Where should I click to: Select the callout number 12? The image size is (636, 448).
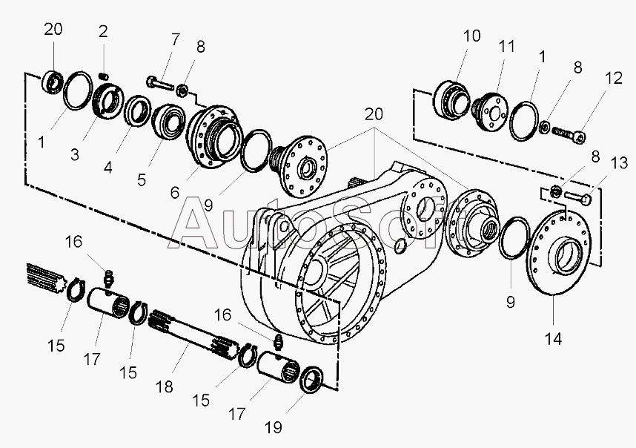[x=612, y=76]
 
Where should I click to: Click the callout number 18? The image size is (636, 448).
[x=165, y=387]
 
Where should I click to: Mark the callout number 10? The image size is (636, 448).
[x=472, y=36]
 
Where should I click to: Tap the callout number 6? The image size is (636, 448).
[x=175, y=191]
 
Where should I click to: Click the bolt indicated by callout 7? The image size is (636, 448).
[x=161, y=81]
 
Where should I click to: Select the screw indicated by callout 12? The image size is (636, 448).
[x=569, y=134]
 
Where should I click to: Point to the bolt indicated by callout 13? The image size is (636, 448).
[x=579, y=197]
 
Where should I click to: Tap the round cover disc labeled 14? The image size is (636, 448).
[x=559, y=252]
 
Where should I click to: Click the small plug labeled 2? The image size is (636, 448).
[x=105, y=76]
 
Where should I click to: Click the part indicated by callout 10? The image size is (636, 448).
[x=448, y=99]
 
